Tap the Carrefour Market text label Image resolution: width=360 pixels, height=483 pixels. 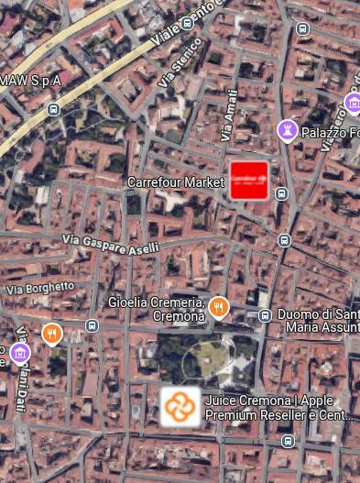[176, 182]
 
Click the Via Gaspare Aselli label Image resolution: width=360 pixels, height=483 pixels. [111, 244]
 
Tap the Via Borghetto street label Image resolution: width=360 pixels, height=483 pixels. [40, 287]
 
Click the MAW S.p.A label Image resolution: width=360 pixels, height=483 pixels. [30, 80]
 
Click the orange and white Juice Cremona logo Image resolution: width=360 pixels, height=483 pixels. [180, 406]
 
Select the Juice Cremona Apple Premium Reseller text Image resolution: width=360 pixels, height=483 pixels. [276, 407]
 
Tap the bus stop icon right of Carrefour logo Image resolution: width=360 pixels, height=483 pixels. [282, 193]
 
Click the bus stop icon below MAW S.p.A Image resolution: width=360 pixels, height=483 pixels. [53, 109]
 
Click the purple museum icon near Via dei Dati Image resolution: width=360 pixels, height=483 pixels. [20, 352]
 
